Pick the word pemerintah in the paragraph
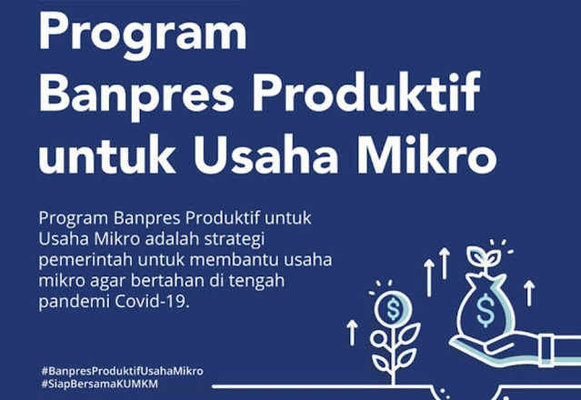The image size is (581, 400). pos(85,260)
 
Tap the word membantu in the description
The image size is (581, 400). pos(235,260)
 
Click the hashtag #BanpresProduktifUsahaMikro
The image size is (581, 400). pos(122,371)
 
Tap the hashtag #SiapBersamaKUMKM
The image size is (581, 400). pos(100,384)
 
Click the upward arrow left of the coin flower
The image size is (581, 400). pos(353,333)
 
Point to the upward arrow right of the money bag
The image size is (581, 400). pos(529,293)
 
